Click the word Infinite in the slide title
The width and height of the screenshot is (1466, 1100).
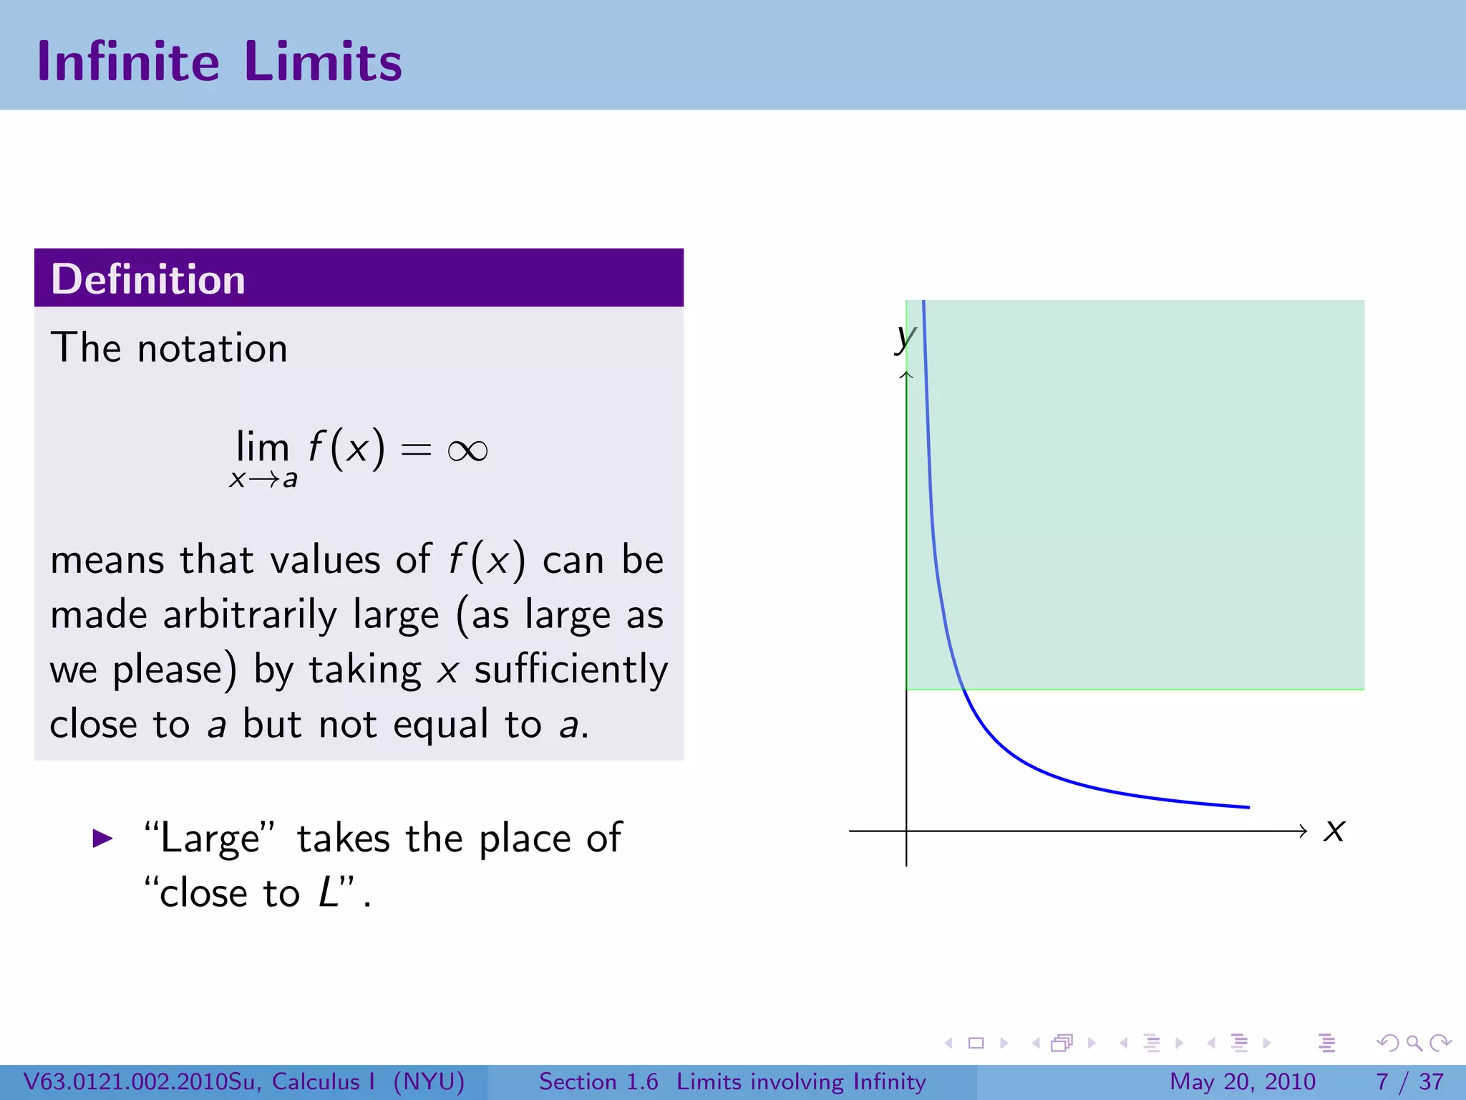click(128, 62)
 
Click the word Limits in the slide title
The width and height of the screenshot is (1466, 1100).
click(323, 62)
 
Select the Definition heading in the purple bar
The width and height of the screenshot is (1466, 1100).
click(148, 279)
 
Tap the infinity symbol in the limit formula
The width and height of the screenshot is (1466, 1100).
click(467, 450)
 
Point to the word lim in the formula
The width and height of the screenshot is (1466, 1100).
click(263, 448)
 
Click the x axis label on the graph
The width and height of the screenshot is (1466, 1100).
click(1334, 831)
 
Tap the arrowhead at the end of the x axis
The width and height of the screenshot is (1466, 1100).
click(1303, 831)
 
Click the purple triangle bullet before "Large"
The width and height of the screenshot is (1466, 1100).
click(103, 838)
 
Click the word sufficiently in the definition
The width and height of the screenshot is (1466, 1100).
click(571, 670)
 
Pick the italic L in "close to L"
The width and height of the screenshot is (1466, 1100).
click(329, 892)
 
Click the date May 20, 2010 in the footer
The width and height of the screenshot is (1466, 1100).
click(1243, 1081)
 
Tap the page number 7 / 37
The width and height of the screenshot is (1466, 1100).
click(1409, 1081)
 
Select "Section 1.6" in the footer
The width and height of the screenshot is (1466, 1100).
click(598, 1081)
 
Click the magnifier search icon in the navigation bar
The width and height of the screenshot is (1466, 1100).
click(1414, 1043)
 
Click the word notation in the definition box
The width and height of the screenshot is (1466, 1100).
click(212, 349)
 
